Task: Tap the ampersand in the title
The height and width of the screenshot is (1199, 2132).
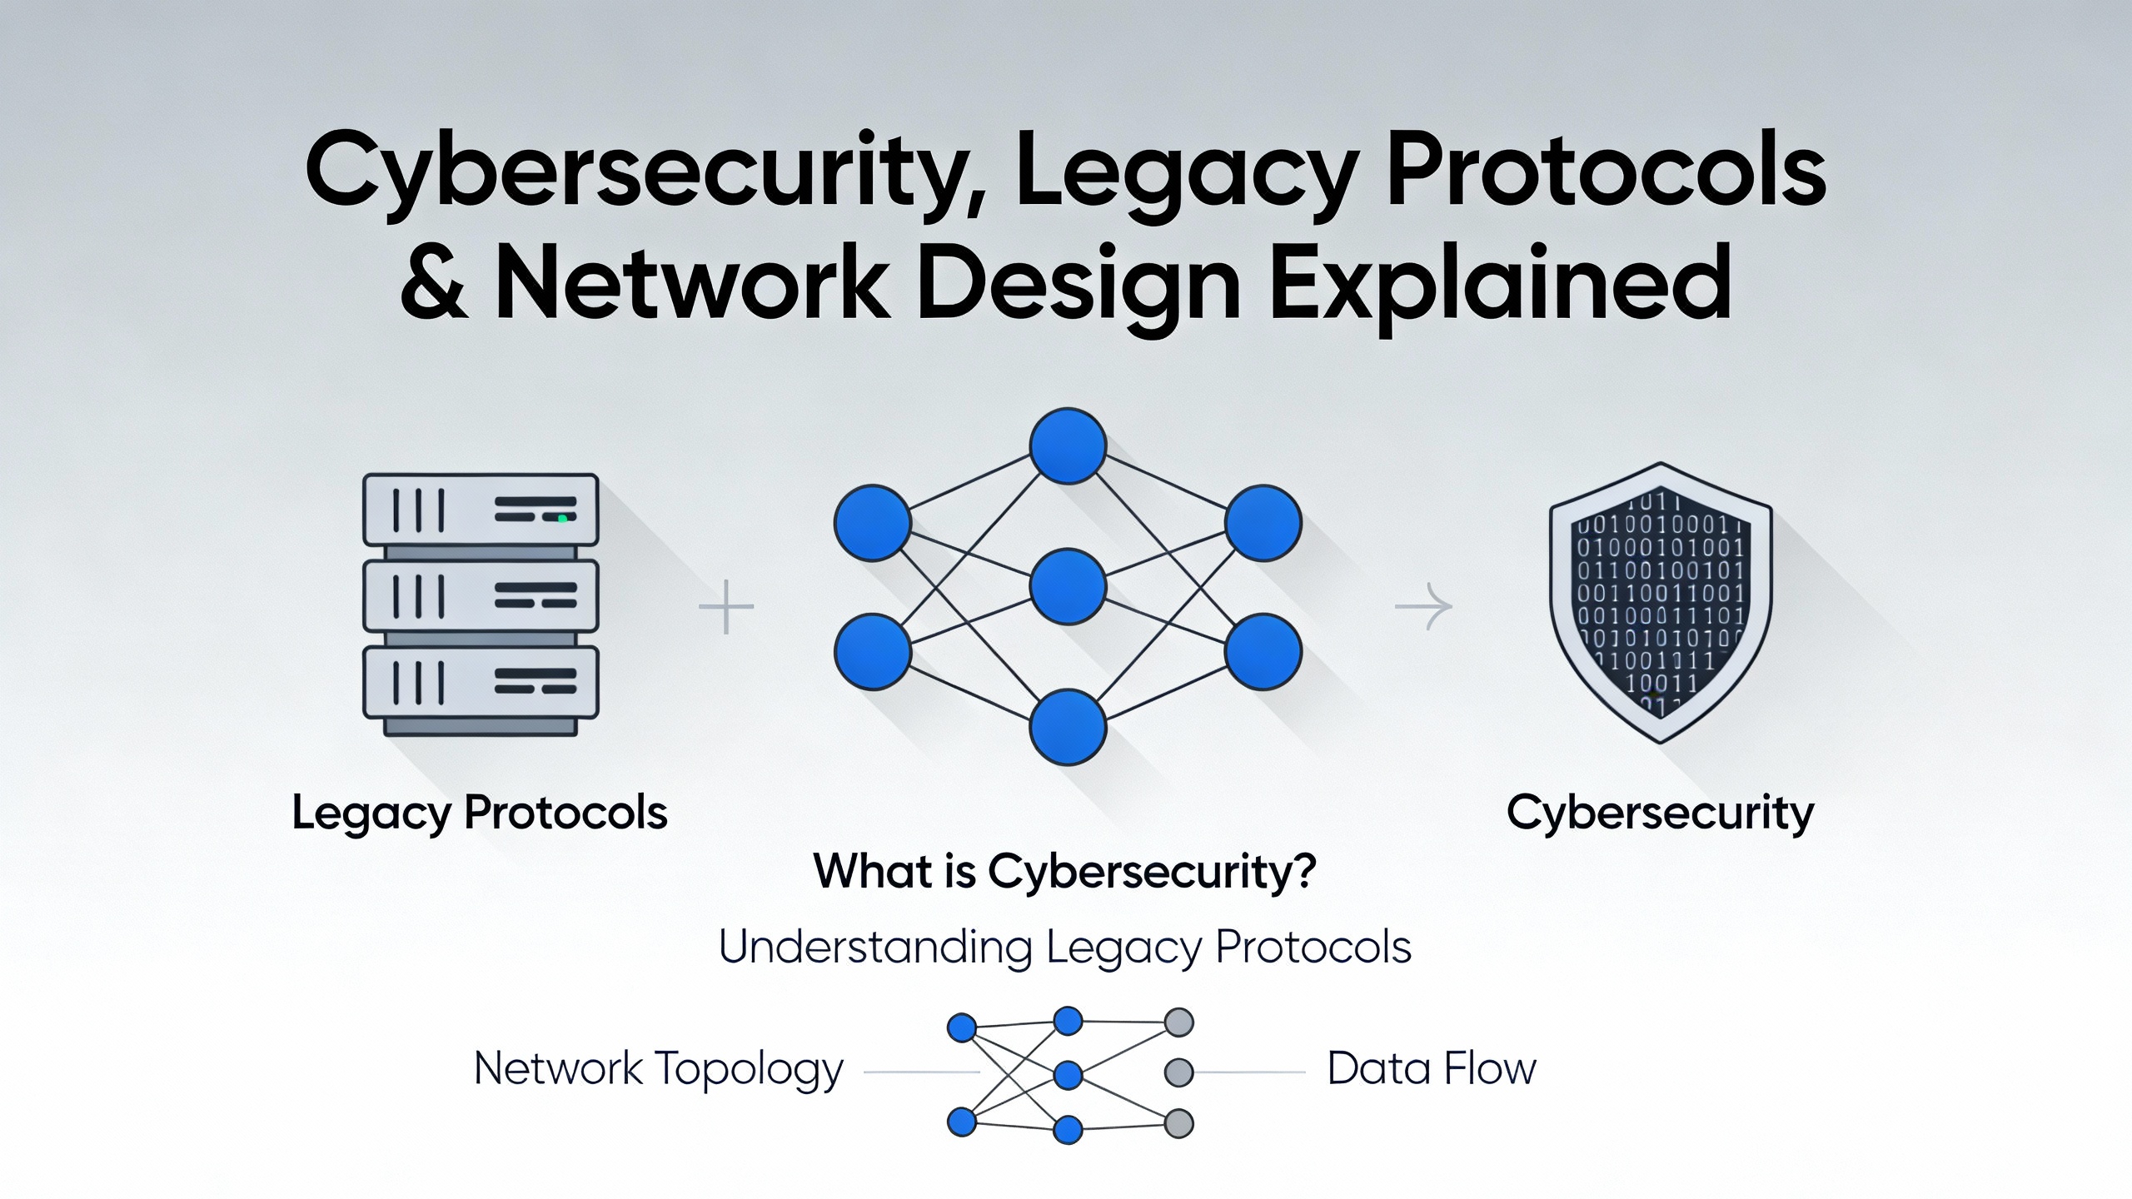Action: coord(434,283)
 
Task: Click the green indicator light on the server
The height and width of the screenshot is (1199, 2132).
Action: coord(562,519)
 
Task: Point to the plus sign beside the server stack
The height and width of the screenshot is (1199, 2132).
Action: coord(726,607)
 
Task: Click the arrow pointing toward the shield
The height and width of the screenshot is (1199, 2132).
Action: coord(1423,607)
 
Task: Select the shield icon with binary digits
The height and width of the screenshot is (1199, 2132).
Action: coord(1660,601)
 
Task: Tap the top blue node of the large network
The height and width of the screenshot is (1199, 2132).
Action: coord(1068,446)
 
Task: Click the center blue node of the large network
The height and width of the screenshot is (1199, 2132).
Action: coord(1068,586)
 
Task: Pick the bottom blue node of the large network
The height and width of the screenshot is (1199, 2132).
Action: coord(1068,727)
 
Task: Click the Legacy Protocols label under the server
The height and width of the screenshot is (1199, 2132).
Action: coord(480,813)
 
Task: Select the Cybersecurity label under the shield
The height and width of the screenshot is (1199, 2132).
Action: coord(1660,813)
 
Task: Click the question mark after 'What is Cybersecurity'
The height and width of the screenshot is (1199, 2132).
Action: coord(1304,872)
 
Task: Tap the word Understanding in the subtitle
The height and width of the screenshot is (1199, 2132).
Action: coord(875,948)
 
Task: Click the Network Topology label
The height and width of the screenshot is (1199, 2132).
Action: coord(658,1069)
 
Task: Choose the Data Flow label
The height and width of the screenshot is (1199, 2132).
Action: coord(1431,1069)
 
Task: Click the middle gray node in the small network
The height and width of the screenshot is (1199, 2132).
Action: coord(1178,1072)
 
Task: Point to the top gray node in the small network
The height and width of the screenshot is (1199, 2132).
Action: coord(1178,1022)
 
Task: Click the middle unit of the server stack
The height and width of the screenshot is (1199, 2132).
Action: coord(481,595)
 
